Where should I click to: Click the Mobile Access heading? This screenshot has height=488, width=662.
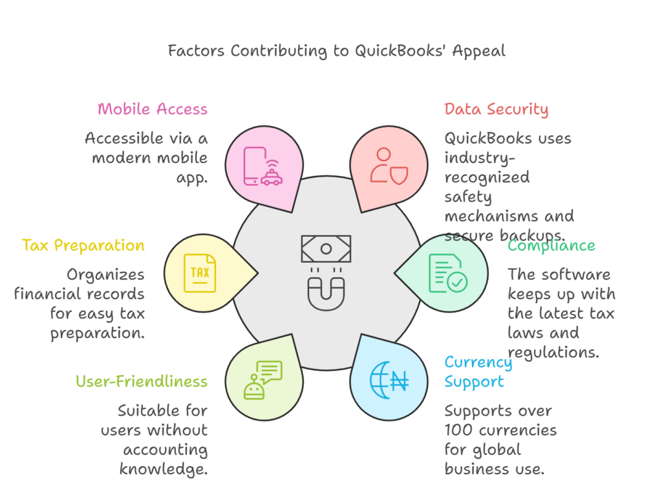coord(153,109)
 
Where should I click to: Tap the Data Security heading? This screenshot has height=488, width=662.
coord(496,109)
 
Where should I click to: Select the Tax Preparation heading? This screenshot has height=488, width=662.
coord(83,245)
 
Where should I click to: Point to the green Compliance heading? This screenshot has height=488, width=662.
coord(551,245)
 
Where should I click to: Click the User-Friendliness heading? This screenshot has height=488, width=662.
coord(142,381)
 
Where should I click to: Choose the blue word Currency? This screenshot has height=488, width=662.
coord(478,362)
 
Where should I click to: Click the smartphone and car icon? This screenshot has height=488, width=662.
coord(262,168)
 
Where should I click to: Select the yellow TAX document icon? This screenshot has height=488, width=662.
coord(200,272)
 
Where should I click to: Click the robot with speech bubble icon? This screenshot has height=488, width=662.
coord(262,379)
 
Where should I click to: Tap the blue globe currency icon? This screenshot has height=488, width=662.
coord(389,379)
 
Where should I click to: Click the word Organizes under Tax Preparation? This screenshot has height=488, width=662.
coord(105,275)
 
